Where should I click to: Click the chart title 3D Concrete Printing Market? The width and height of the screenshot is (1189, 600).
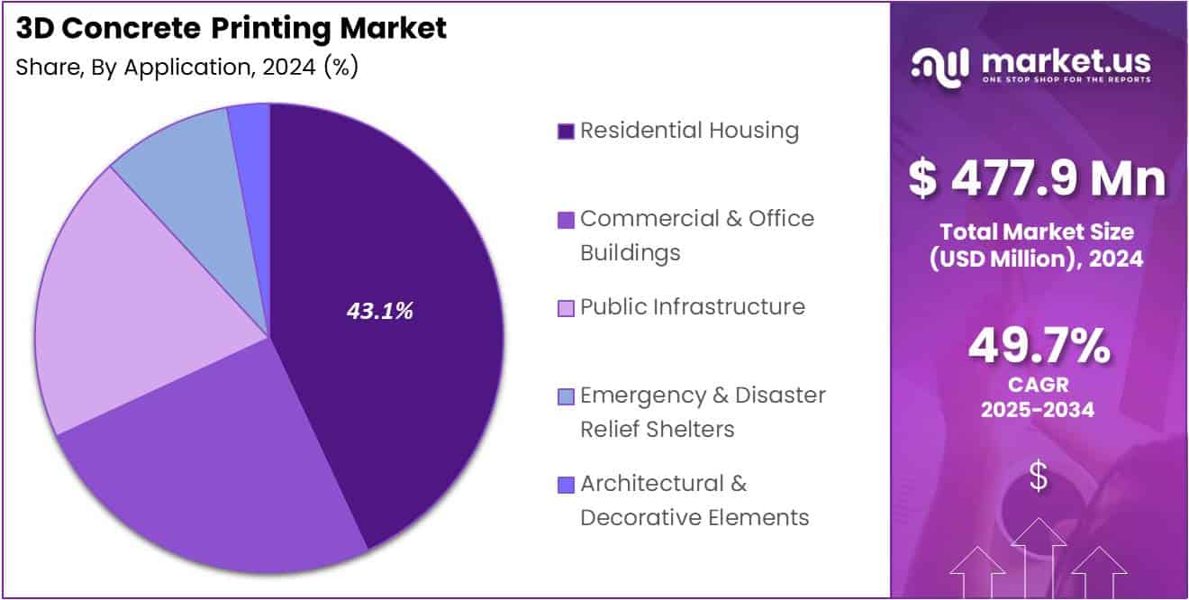click(231, 29)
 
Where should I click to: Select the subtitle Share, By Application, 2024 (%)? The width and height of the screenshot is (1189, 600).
click(187, 68)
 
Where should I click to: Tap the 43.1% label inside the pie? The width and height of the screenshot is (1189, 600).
click(380, 311)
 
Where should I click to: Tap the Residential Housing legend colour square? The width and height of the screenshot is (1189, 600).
click(566, 132)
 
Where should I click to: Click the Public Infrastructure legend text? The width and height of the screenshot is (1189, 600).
click(692, 306)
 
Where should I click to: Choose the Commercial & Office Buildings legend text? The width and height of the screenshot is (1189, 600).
click(696, 235)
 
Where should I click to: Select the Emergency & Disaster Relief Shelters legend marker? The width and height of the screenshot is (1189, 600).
click(566, 396)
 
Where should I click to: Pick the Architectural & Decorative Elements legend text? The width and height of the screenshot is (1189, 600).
click(694, 500)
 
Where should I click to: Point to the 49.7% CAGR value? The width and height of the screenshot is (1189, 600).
click(1039, 347)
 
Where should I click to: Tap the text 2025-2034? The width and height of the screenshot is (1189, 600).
click(1039, 410)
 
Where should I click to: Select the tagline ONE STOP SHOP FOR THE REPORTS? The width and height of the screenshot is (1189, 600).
click(1066, 79)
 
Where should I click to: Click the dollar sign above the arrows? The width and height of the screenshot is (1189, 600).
click(1039, 477)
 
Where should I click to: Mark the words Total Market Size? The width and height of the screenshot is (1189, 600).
click(1038, 232)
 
